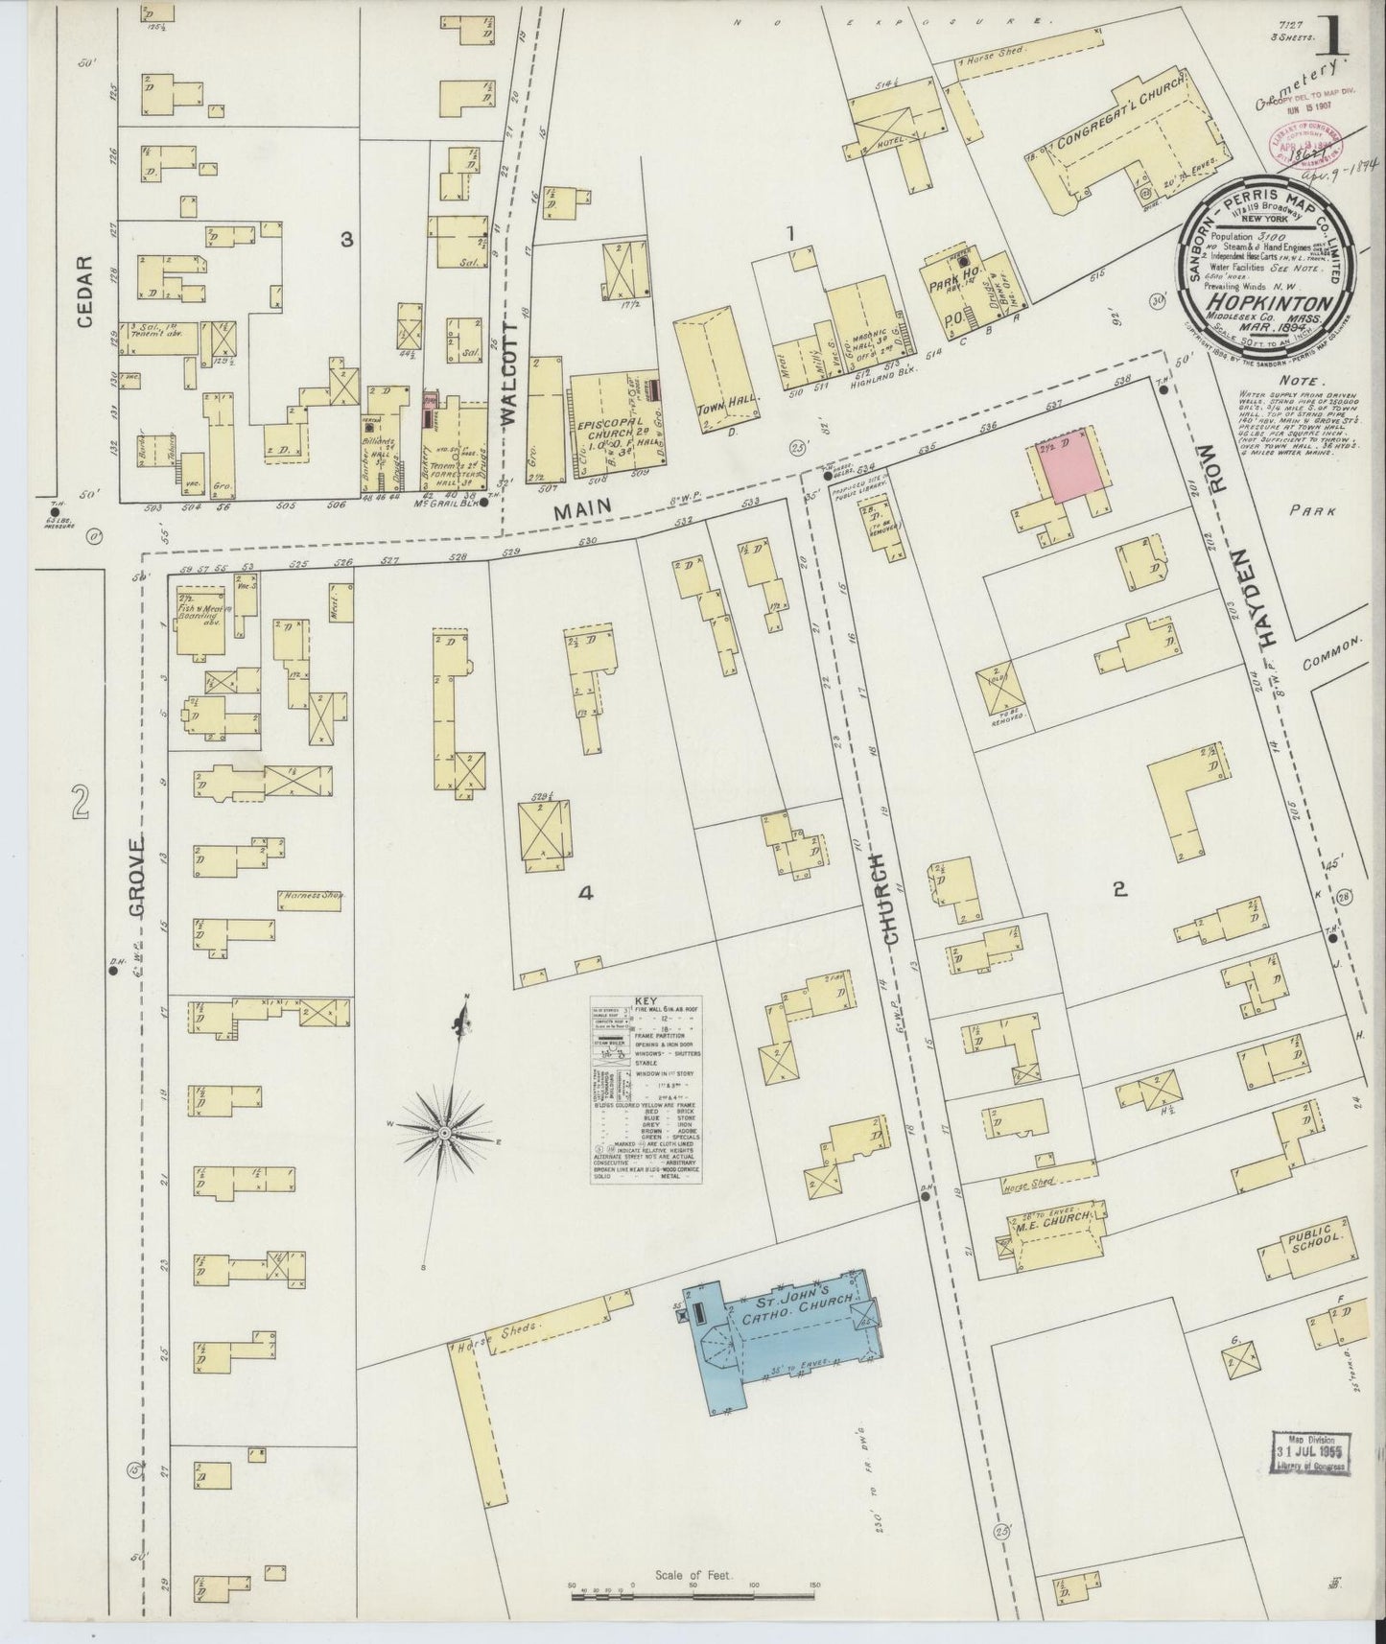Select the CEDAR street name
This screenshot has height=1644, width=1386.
85,292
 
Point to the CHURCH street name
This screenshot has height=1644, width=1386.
887,900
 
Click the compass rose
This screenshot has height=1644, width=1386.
445,1135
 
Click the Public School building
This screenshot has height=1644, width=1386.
1310,1248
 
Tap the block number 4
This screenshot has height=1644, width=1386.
585,893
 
